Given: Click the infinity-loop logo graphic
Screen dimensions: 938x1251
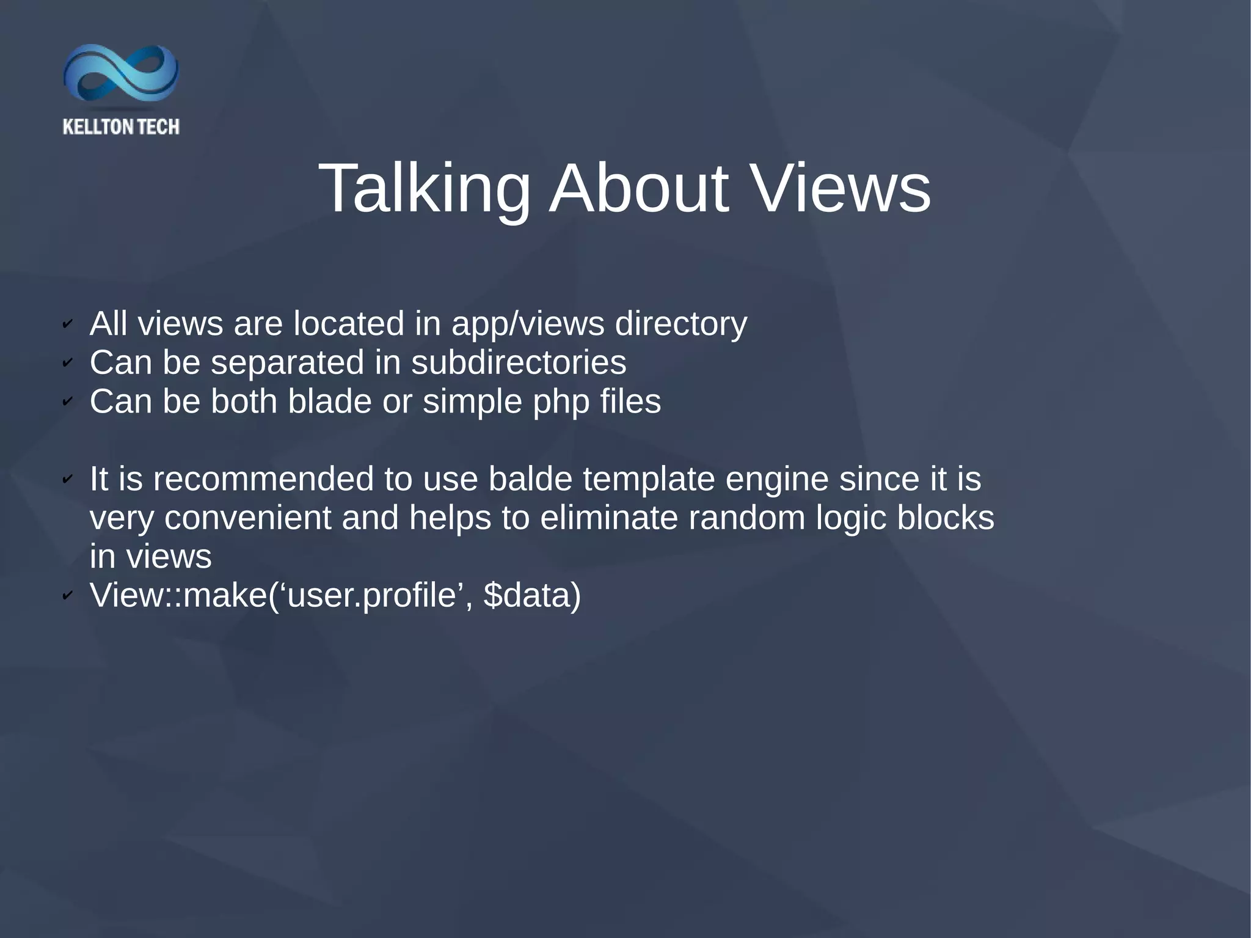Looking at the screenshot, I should (x=121, y=73).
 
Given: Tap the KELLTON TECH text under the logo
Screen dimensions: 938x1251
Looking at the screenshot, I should (x=121, y=126).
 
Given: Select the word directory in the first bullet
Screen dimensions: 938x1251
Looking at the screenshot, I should (x=681, y=324).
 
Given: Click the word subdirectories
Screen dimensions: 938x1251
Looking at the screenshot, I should (x=519, y=362).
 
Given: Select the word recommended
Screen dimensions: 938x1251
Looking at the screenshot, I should (x=263, y=478).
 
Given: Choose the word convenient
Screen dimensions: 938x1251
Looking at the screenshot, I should (x=248, y=518).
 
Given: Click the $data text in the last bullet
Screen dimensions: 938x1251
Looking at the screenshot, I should (x=532, y=595).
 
